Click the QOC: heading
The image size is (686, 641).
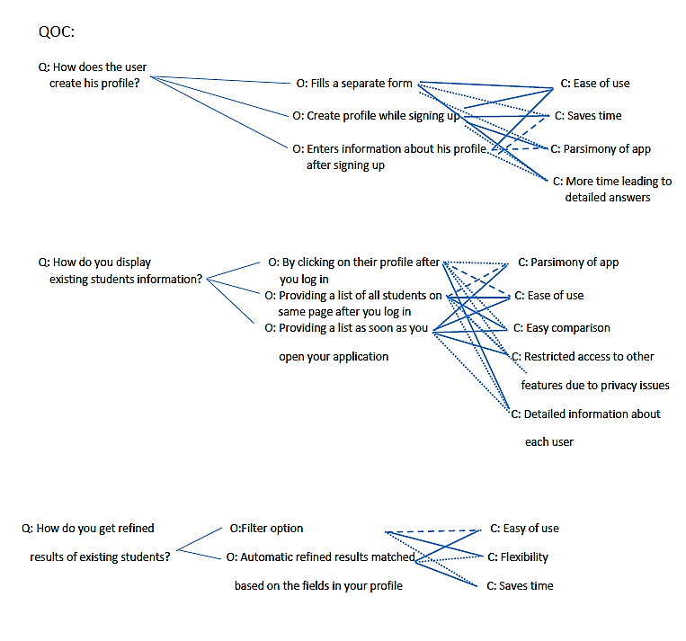(x=57, y=32)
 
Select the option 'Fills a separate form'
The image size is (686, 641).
(x=354, y=83)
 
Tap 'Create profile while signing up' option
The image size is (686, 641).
(x=376, y=116)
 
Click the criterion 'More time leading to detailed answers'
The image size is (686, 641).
(x=612, y=189)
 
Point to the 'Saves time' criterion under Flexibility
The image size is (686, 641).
(x=520, y=586)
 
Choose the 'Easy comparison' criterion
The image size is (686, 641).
(x=561, y=328)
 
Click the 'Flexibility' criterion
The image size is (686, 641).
(x=518, y=557)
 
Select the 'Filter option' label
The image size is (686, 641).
(x=266, y=529)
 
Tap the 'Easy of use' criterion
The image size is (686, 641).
(x=524, y=529)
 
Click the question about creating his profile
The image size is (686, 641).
(x=93, y=76)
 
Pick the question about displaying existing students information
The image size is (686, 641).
(x=120, y=271)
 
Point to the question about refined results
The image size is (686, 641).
(x=95, y=542)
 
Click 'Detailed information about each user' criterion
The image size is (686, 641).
(x=585, y=428)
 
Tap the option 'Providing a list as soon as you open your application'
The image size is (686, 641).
(x=346, y=343)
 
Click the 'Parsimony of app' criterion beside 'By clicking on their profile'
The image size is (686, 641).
(x=568, y=263)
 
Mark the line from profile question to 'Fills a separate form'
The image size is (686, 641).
(x=220, y=80)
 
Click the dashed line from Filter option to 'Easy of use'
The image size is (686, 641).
(x=433, y=531)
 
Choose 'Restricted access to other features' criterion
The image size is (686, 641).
(x=590, y=371)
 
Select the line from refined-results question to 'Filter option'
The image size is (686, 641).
(x=199, y=539)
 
